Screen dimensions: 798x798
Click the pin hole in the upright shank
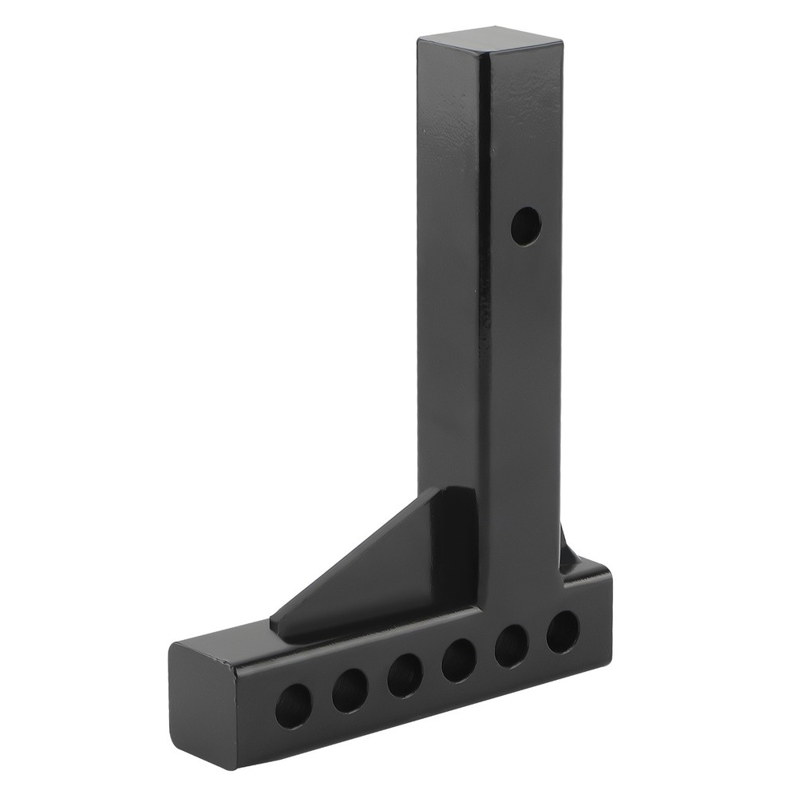click(525, 226)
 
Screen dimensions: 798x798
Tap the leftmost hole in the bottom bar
click(294, 704)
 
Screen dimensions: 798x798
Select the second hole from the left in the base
click(350, 689)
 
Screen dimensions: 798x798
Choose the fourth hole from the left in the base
click(460, 660)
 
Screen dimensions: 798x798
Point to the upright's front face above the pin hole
click(523, 136)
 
